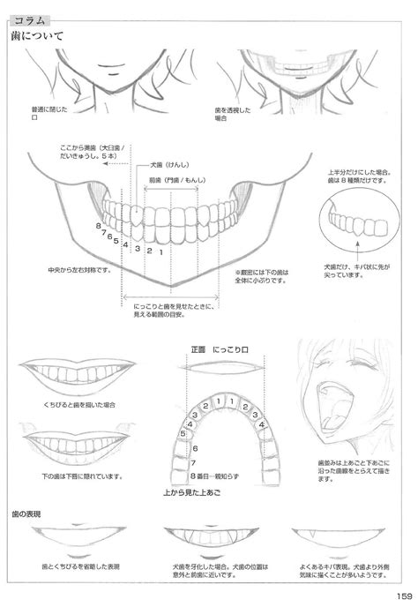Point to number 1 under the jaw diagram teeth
160,252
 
